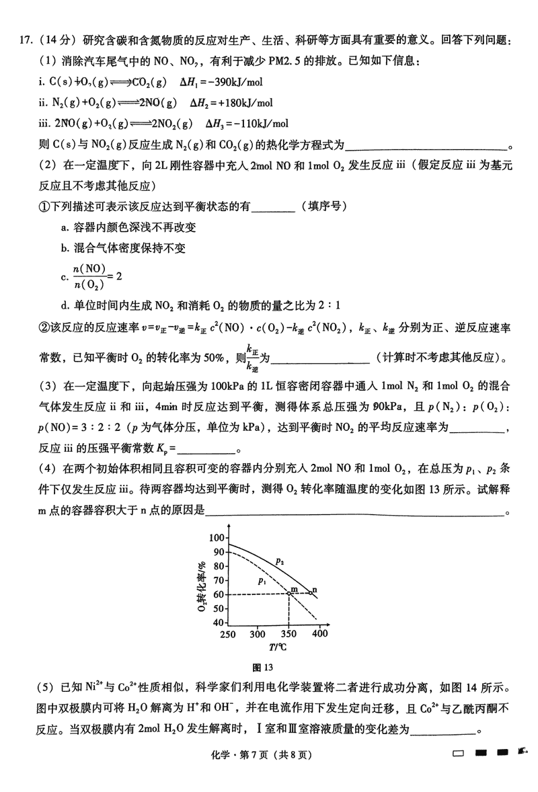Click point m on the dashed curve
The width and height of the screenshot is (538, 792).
289,594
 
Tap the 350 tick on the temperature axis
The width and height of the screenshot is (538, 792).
288,634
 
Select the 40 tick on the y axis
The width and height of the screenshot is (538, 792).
219,622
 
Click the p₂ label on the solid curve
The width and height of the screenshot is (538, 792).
279,559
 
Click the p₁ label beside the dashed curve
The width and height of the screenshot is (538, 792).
262,580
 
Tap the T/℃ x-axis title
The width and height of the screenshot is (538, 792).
276,647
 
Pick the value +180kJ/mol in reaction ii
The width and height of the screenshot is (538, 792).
241,103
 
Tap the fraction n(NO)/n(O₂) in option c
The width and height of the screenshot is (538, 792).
88,276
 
